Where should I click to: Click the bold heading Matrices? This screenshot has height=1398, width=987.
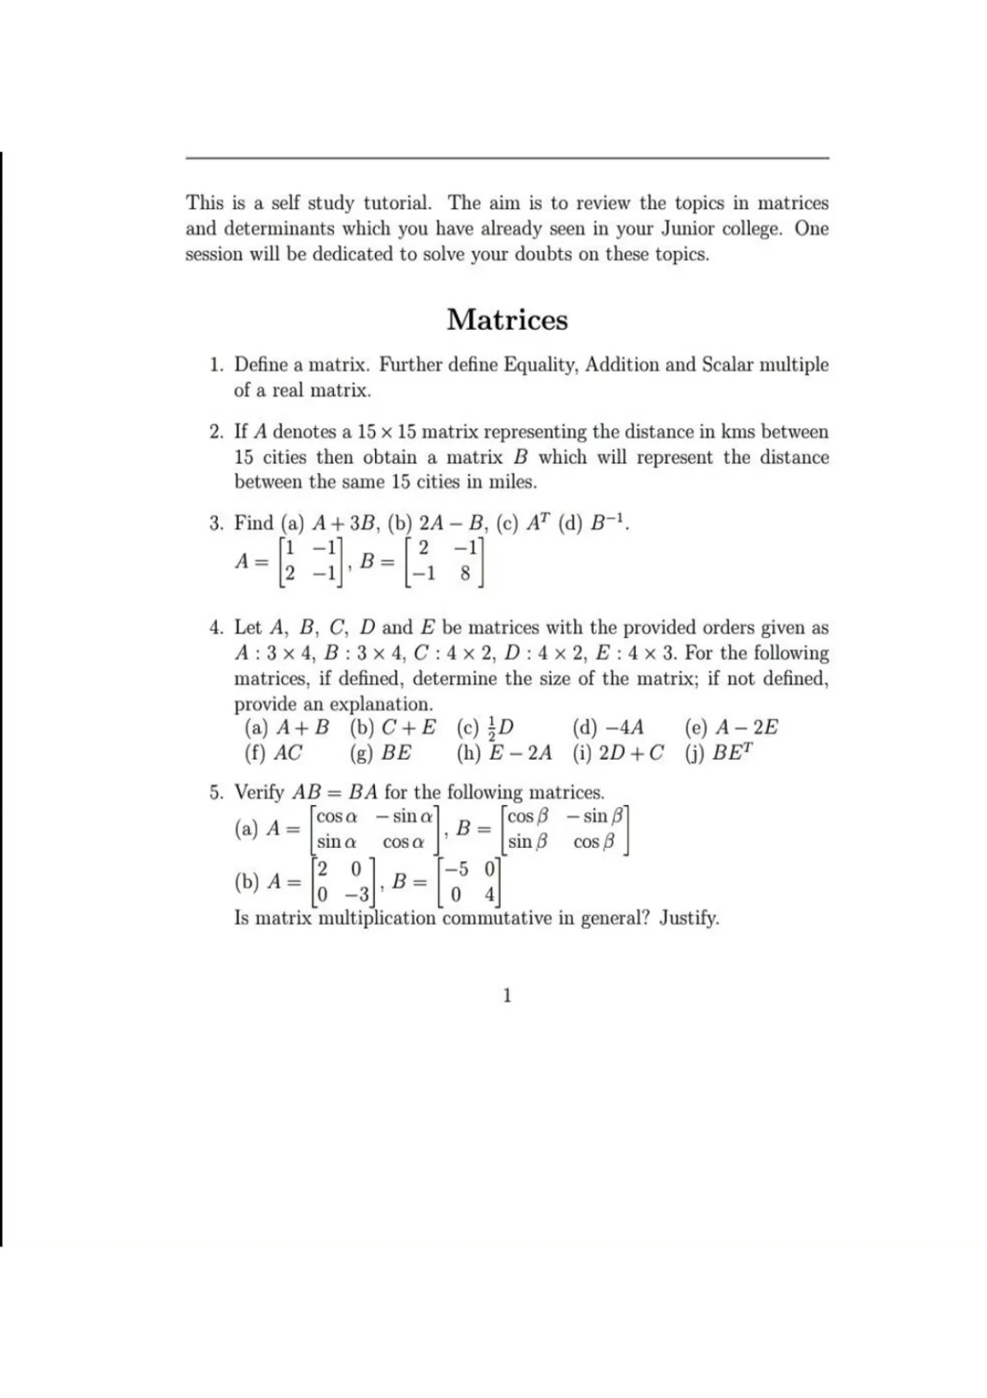[507, 319]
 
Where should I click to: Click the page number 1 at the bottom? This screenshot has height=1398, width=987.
[507, 996]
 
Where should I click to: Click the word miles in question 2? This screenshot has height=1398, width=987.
[509, 482]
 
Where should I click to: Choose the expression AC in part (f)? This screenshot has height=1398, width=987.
[288, 752]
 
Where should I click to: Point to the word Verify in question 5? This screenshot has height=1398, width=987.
[260, 793]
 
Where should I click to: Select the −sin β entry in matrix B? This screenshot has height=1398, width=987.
[596, 817]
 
